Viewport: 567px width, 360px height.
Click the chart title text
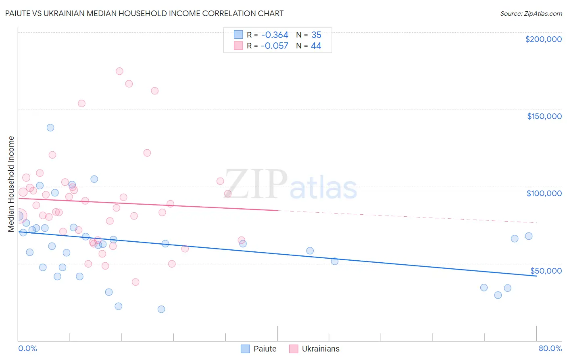[x=144, y=13]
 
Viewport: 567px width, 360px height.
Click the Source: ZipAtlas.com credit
[x=531, y=13]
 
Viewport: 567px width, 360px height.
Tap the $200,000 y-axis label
[x=543, y=39]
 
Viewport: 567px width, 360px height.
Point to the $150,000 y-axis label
[x=544, y=116]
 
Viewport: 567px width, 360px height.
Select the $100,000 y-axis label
[x=544, y=193]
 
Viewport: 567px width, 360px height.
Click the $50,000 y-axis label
[x=546, y=271]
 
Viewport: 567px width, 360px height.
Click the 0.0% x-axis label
[x=27, y=348]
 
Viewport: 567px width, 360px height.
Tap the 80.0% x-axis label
[x=550, y=348]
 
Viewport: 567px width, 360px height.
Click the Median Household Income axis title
[x=11, y=184]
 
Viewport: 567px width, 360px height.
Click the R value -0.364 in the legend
[x=275, y=35]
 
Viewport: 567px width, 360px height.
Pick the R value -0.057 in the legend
[x=275, y=46]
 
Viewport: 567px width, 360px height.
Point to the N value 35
[x=316, y=35]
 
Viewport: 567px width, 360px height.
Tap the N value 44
[x=316, y=46]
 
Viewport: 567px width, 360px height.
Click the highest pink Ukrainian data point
[x=119, y=71]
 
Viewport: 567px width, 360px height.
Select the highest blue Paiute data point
[x=50, y=128]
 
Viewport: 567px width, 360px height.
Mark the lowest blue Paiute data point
[x=161, y=309]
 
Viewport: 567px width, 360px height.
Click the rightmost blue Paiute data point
[x=529, y=236]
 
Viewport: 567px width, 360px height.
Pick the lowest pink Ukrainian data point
[x=135, y=282]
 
